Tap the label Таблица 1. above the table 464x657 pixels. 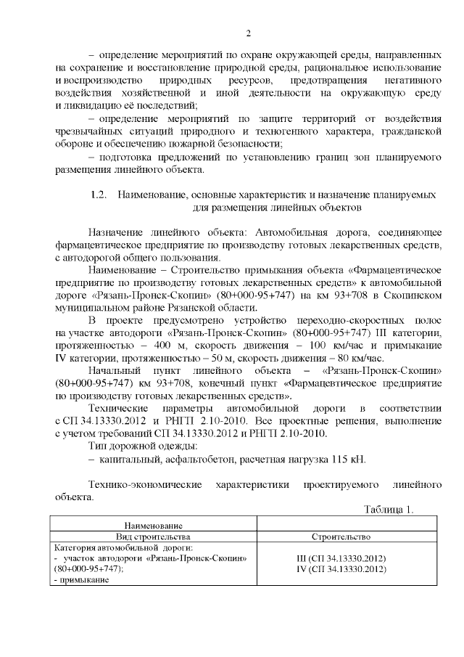click(389, 510)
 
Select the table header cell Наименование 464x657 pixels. click(153, 525)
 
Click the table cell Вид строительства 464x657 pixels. click(153, 536)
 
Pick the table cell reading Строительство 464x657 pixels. click(341, 536)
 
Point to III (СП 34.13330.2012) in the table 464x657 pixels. click(341, 558)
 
